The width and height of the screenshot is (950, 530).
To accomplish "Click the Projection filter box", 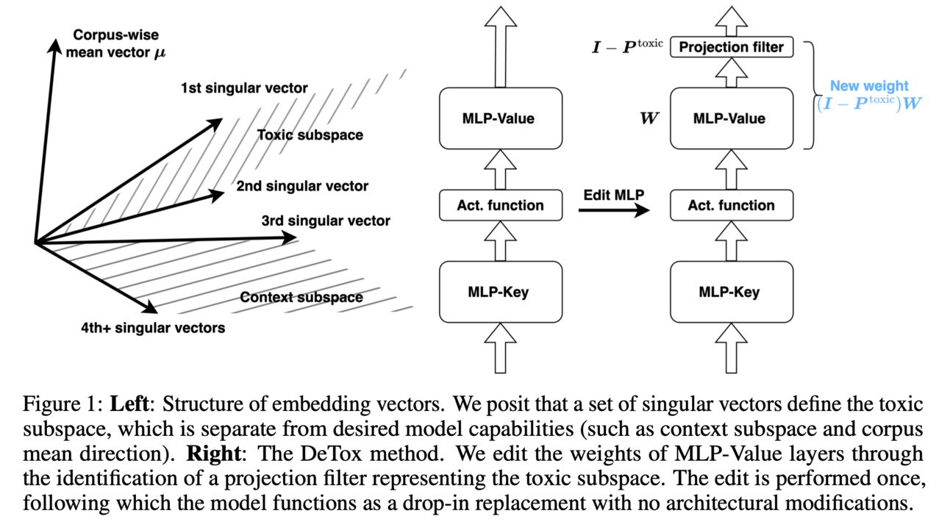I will point(732,48).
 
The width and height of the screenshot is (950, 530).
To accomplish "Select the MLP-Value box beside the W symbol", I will point(732,118).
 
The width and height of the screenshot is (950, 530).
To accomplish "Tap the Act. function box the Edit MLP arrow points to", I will point(732,205).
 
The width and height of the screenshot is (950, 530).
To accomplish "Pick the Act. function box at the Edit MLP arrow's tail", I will point(500,205).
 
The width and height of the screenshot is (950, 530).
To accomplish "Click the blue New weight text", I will point(869,86).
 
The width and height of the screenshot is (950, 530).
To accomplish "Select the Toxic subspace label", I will point(310,135).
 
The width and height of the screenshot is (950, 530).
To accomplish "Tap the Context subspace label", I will point(301,298).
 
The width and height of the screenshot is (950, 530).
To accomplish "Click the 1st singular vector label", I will point(244,89).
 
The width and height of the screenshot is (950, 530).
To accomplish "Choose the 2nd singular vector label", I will point(302,187).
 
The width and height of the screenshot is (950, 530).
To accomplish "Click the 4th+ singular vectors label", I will point(153,328).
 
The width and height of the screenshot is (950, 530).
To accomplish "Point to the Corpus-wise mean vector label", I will point(116,44).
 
